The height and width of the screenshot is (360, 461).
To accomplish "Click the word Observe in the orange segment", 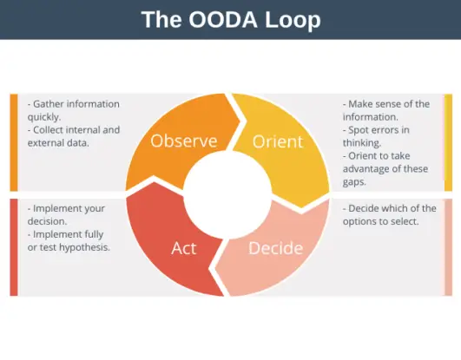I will coord(183,141).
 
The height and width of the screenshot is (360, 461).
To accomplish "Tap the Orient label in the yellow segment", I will coord(278,141).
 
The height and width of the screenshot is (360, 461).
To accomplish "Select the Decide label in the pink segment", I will coord(275,248).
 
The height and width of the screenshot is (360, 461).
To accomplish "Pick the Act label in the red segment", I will coord(183,248).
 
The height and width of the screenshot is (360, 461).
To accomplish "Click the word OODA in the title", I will coord(218,19).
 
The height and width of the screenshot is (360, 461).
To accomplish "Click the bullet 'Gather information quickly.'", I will coord(74,110).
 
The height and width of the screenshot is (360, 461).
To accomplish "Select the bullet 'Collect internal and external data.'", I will coord(74,136).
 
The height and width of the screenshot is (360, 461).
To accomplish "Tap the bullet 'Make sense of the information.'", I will coord(385,110).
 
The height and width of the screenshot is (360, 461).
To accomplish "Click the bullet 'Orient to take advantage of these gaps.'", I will coord(385,169).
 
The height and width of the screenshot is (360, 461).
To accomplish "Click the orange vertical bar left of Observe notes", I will coord(14,142).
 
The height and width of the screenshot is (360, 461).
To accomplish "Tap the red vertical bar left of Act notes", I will coord(14,247).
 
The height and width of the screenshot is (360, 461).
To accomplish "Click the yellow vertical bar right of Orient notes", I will coord(448,142).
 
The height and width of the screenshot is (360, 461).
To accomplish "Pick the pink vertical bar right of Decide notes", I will coord(448,247).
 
